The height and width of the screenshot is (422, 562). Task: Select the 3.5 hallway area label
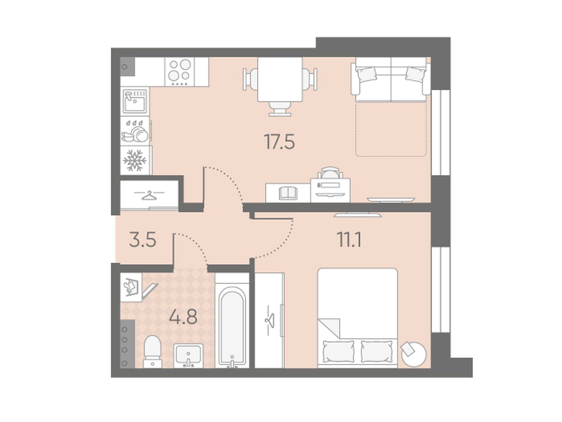point(143,240)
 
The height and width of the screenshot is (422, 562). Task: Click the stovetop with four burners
point(179,72)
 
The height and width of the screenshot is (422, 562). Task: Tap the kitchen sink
point(135,101)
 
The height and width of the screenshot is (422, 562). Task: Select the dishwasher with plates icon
point(135,131)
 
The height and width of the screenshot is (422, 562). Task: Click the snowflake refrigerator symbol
point(135,160)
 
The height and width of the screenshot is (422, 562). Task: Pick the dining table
point(280,79)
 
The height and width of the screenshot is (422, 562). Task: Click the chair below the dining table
point(280,109)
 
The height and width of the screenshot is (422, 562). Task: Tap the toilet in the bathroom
point(153,352)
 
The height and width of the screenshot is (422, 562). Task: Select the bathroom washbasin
point(188,356)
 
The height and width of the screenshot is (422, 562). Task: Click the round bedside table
point(413,354)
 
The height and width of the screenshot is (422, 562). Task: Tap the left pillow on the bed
point(339,351)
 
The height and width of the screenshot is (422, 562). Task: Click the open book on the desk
point(288,193)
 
